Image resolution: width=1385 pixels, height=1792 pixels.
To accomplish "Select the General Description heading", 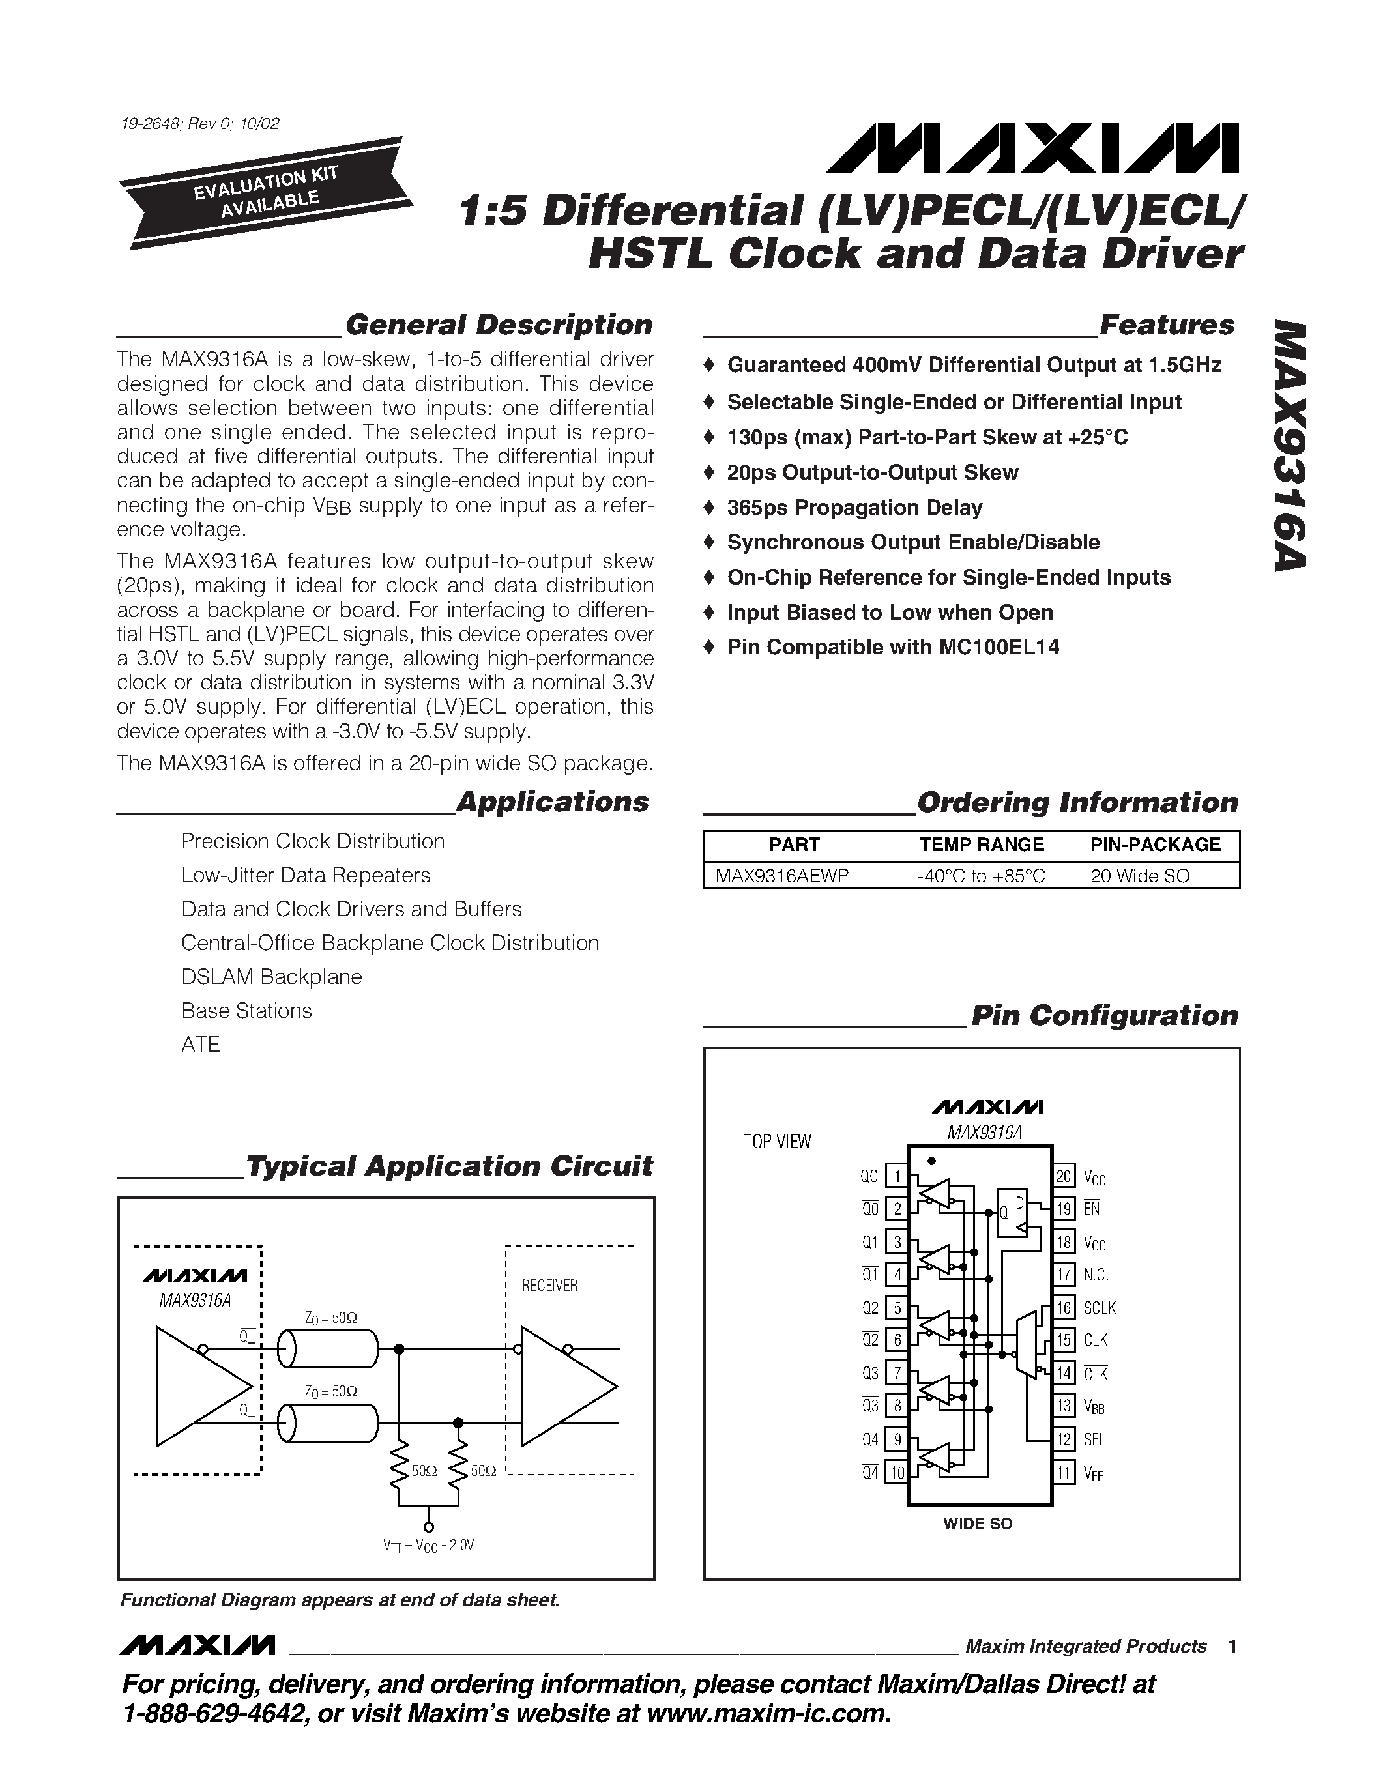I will click(498, 325).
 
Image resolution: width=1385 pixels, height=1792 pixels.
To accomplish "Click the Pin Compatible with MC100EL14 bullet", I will click(893, 647).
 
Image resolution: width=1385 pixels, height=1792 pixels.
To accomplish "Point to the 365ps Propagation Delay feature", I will click(854, 508).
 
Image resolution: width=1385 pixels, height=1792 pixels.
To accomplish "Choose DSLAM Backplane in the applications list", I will click(272, 976).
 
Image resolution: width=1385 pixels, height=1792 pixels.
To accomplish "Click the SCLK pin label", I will click(1099, 1308).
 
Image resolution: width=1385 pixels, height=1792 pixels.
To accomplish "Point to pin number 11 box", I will click(1064, 1473).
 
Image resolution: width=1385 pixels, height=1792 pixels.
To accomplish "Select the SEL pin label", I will click(1094, 1439).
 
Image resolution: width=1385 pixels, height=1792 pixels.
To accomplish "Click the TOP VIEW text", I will click(776, 1141).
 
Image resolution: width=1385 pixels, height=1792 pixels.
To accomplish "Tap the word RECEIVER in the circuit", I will click(549, 1286).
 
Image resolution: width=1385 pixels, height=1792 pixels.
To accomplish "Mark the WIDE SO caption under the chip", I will click(977, 1524).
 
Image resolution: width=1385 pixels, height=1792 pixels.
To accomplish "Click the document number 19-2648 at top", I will click(199, 124).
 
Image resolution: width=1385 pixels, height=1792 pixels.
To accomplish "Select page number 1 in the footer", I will click(1232, 1647).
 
